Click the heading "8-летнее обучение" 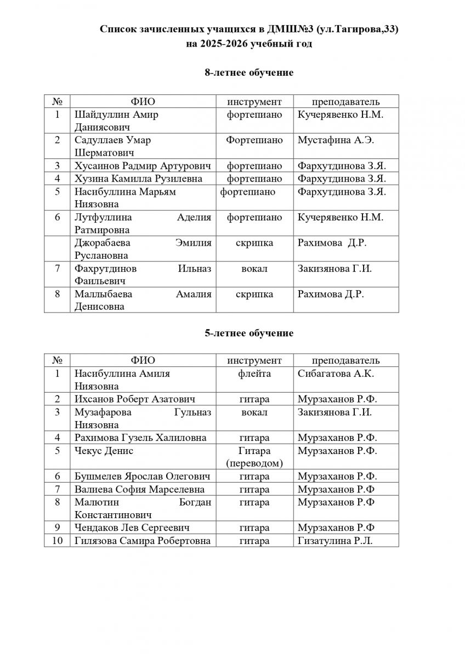(x=249, y=73)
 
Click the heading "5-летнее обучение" (x=249, y=333)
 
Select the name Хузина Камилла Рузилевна (x=138, y=179)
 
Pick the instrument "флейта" (x=254, y=373)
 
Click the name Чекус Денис (x=104, y=451)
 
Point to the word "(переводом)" (x=254, y=463)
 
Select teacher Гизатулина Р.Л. (x=336, y=541)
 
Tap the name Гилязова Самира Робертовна (x=142, y=541)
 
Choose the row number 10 (x=57, y=541)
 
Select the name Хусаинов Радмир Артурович (x=143, y=166)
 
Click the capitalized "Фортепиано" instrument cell (x=254, y=140)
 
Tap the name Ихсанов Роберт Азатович (x=135, y=399)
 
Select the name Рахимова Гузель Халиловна (x=140, y=438)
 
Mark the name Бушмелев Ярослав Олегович (x=142, y=477)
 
